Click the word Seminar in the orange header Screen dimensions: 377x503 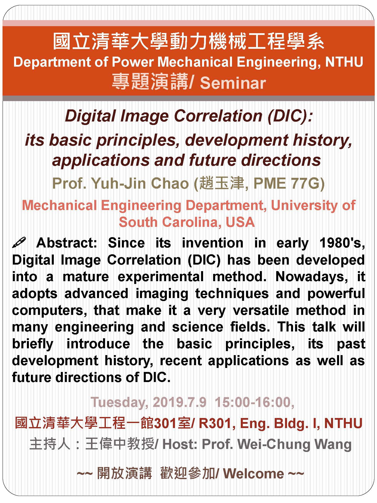click(x=233, y=83)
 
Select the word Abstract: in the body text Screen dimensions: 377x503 click(x=67, y=243)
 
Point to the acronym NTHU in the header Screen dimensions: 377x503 click(x=344, y=62)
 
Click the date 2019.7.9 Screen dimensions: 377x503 click(x=179, y=402)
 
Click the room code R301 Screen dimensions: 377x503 click(x=215, y=423)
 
